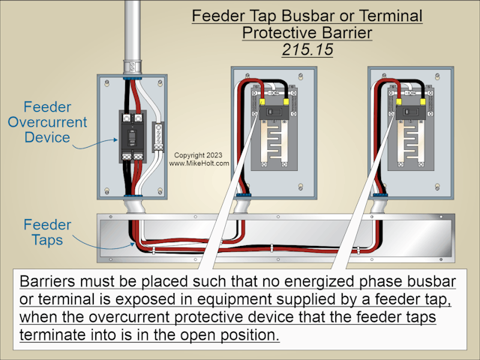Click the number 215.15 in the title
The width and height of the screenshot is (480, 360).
306,49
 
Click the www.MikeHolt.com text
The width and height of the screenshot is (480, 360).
199,163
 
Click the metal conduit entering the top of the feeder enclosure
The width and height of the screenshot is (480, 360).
133,34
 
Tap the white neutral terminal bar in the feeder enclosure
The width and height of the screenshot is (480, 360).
157,136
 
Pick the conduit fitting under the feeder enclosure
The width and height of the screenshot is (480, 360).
133,205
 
